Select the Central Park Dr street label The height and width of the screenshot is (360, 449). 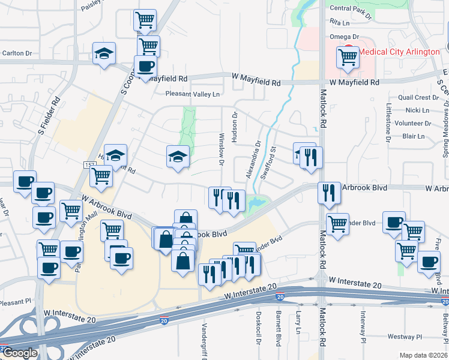point(351,8)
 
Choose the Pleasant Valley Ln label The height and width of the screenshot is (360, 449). point(193,94)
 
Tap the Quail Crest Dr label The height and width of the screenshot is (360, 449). point(418,97)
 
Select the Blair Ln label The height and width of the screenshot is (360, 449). point(414,136)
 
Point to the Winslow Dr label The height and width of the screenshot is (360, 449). point(221,149)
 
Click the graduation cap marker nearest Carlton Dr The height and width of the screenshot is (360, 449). point(104,53)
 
